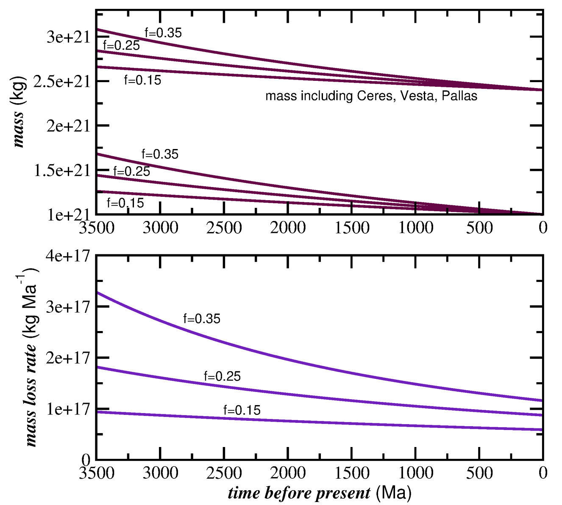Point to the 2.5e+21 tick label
tap(62, 81)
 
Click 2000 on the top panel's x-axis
tap(288, 228)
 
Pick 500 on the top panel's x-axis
tap(479, 228)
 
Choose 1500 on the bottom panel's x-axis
tap(352, 473)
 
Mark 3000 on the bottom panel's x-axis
tap(160, 473)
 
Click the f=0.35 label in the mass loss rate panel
tap(202, 319)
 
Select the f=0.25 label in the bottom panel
tap(222, 376)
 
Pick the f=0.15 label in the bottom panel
tap(242, 410)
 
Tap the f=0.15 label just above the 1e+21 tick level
tap(125, 203)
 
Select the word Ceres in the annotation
tap(375, 96)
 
